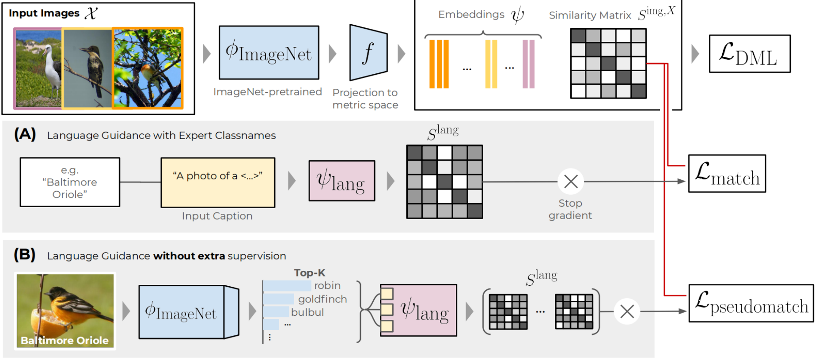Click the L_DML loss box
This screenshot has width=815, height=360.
click(749, 54)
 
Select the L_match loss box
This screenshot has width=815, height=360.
click(727, 174)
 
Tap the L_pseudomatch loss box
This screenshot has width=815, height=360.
click(751, 303)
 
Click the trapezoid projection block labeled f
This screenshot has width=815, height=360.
click(368, 53)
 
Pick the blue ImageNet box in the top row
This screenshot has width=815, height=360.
click(269, 53)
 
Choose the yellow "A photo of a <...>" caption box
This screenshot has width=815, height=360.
click(218, 182)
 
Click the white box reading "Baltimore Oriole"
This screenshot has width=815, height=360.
click(70, 182)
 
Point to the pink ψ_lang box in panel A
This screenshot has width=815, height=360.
click(341, 181)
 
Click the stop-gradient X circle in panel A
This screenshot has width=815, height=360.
click(571, 182)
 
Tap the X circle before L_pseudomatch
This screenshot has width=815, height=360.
click(627, 311)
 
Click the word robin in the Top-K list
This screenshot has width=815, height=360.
click(327, 286)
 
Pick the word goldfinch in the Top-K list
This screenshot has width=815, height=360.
click(322, 299)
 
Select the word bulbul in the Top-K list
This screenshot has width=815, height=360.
click(307, 312)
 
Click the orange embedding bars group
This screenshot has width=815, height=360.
click(439, 64)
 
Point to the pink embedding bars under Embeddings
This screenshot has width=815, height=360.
click(528, 64)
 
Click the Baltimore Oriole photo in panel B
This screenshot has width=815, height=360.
click(65, 311)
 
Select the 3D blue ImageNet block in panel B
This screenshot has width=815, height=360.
click(188, 312)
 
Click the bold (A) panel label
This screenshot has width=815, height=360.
click(25, 134)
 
